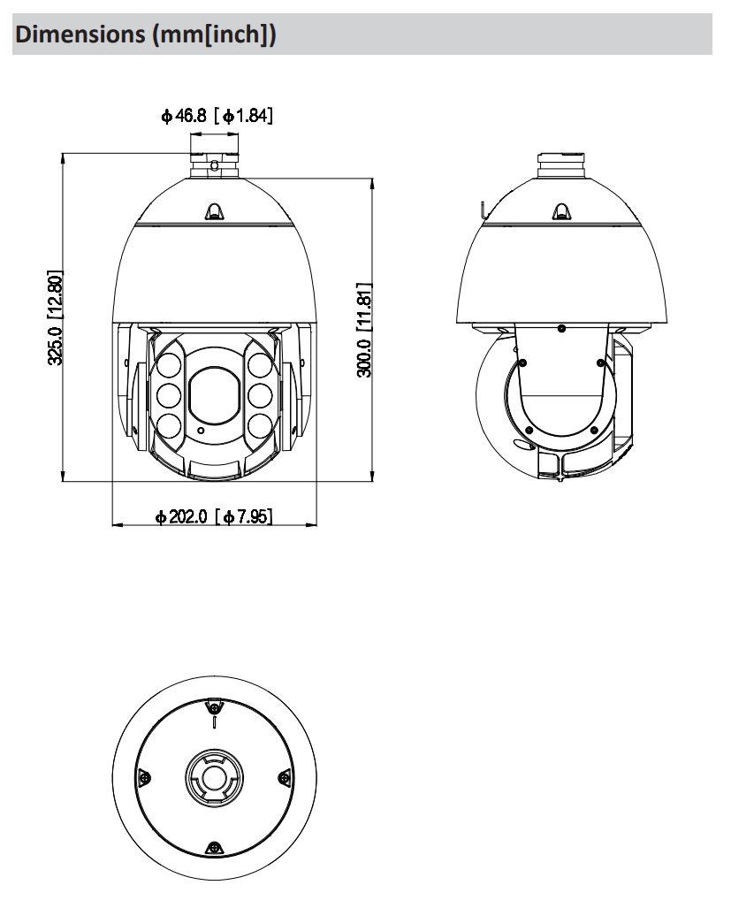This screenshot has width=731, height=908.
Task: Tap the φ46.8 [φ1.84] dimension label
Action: click(x=217, y=115)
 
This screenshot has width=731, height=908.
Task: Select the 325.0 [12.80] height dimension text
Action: click(x=56, y=318)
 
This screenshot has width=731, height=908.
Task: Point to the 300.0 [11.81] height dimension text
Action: click(x=363, y=330)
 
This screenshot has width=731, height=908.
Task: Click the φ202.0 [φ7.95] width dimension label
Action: click(x=214, y=516)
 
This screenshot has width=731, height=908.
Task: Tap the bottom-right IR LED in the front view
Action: click(x=259, y=425)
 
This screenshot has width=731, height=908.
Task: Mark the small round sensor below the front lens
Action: click(x=202, y=431)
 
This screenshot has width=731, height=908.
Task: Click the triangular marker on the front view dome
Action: click(x=214, y=210)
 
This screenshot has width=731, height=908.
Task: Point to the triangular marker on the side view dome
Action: click(x=560, y=210)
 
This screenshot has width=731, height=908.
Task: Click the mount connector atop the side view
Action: click(x=561, y=164)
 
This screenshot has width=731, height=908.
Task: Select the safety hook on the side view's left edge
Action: click(x=483, y=210)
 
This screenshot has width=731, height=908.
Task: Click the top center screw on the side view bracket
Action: click(x=562, y=328)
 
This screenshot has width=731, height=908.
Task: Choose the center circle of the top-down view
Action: click(x=213, y=777)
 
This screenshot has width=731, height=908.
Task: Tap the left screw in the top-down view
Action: click(x=143, y=778)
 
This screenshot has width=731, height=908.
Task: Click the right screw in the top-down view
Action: click(x=284, y=777)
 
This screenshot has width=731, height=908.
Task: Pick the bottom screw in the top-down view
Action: click(x=213, y=848)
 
